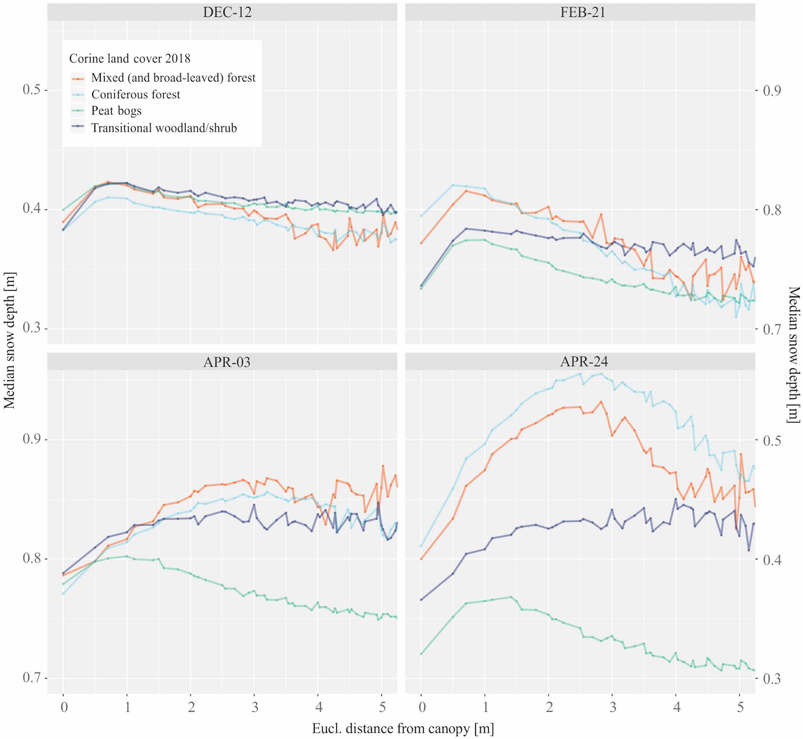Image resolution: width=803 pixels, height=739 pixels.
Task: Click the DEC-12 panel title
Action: (227, 12)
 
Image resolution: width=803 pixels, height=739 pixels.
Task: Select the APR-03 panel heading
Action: (227, 362)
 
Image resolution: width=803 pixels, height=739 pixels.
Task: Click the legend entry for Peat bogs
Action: (116, 111)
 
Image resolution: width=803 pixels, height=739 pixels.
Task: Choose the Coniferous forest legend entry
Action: (136, 94)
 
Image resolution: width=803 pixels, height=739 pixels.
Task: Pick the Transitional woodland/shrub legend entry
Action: (164, 128)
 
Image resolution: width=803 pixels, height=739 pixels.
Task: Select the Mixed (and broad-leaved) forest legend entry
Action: (173, 78)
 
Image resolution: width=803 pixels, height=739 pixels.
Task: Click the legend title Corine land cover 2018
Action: (129, 59)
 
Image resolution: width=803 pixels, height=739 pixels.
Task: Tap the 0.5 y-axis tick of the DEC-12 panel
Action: (32, 90)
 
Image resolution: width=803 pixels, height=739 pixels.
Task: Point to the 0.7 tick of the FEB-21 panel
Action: (772, 329)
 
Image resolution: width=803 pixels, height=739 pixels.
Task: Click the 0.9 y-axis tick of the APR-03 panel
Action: (32, 439)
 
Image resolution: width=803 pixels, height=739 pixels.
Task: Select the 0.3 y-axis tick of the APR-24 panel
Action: (772, 679)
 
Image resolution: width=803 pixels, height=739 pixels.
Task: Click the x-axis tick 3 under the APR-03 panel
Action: (255, 707)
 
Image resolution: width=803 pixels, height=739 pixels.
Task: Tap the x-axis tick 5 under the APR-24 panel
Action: (740, 707)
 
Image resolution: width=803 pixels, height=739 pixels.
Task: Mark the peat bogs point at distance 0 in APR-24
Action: (421, 654)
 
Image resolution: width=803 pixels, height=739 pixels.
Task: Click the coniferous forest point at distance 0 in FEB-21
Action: (421, 216)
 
